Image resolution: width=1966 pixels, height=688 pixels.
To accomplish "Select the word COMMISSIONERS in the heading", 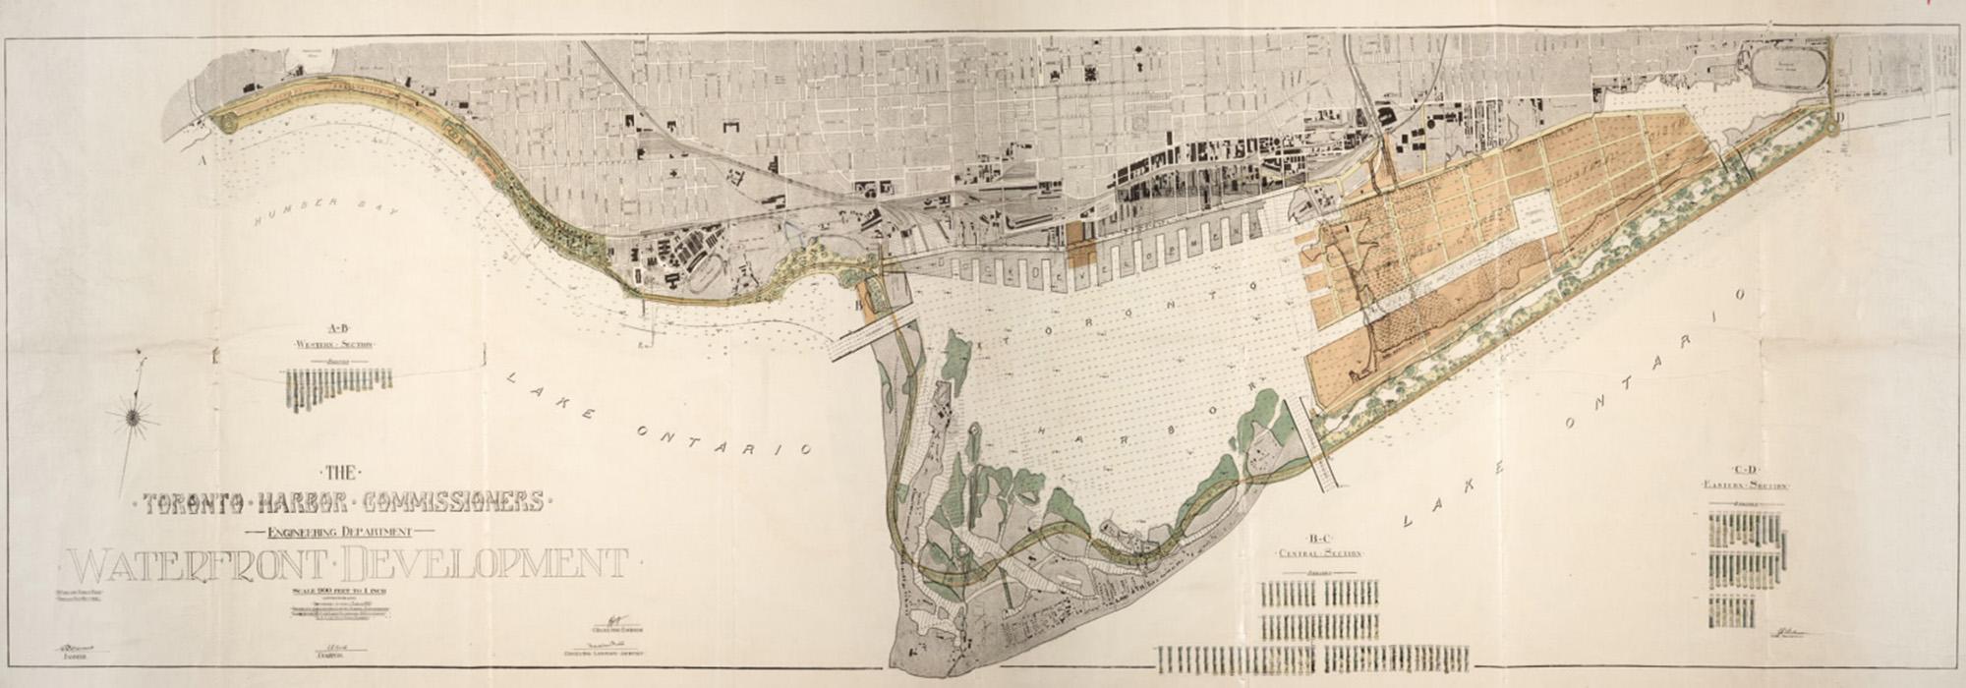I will coord(453,502).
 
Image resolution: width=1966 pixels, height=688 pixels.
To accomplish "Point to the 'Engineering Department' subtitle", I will coord(339,531).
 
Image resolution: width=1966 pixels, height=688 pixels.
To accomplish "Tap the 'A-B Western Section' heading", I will coord(338,336).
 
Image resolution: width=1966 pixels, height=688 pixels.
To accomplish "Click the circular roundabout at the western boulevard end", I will coord(228,123).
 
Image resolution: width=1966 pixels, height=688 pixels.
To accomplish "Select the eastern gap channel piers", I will coord(1317,444).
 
